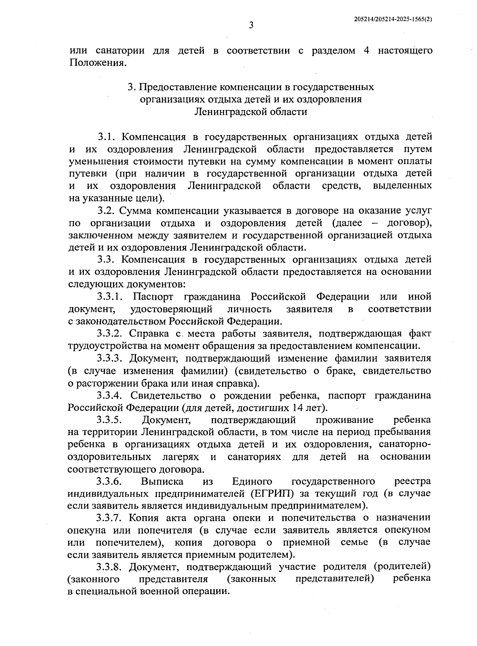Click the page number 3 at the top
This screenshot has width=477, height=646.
click(251, 26)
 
